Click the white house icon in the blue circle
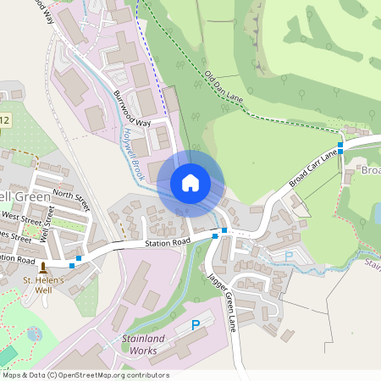point(190,183)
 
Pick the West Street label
point(21,224)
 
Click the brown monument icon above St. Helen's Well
point(42,268)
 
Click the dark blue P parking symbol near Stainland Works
point(196,324)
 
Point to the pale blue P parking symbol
point(289,256)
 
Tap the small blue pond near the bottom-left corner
point(33,334)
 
